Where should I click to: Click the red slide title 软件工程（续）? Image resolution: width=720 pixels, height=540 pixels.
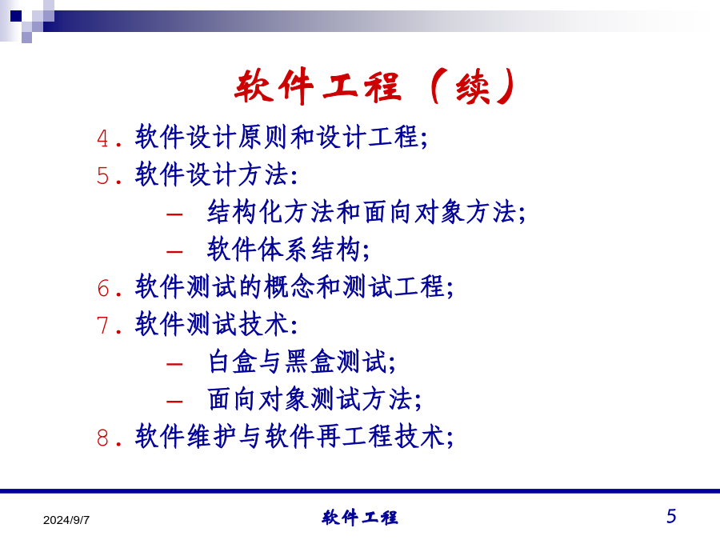pyautogui.click(x=375, y=86)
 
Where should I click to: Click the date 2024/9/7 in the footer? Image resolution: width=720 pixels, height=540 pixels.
pyautogui.click(x=66, y=520)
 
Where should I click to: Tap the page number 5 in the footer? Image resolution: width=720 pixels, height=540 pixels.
pyautogui.click(x=671, y=516)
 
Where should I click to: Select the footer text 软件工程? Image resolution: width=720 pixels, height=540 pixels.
pyautogui.click(x=359, y=518)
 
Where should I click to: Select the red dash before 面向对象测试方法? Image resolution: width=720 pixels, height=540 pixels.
pyautogui.click(x=174, y=402)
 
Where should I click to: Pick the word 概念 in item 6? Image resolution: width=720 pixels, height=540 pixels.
pyautogui.click(x=290, y=286)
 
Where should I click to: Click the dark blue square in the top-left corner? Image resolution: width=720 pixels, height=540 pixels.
pyautogui.click(x=16, y=16)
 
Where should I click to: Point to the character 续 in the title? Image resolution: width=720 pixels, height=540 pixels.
pyautogui.click(x=473, y=86)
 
